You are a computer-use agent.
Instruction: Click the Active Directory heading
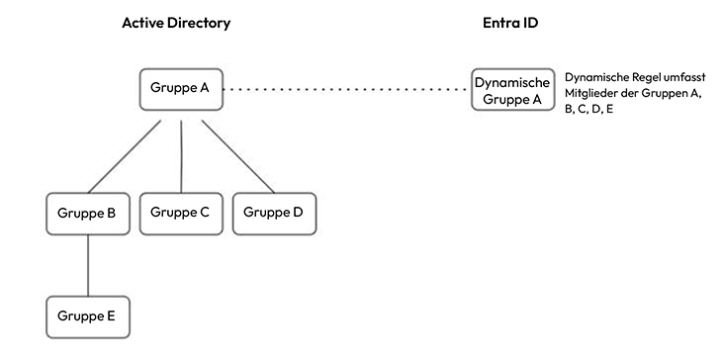pos(176,23)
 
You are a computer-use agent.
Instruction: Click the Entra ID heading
pos(510,23)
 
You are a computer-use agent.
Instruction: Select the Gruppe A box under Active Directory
pos(181,89)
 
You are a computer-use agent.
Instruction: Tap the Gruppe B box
pos(88,214)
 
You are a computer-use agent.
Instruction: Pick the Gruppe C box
pos(181,214)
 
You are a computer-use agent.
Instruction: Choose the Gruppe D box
pos(274,214)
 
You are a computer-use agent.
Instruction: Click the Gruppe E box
pos(88,317)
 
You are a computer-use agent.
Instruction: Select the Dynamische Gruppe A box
pos(513,89)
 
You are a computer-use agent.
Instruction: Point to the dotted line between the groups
pos(344,89)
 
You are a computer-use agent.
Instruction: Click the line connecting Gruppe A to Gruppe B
pos(125,156)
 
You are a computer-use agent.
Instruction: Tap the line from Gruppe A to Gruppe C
pos(181,156)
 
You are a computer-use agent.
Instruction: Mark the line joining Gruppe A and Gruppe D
pos(238,156)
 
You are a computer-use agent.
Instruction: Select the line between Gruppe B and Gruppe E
pos(88,265)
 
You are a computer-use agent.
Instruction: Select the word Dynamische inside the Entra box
pos(512,83)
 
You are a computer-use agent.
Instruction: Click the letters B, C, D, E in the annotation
pos(588,110)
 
